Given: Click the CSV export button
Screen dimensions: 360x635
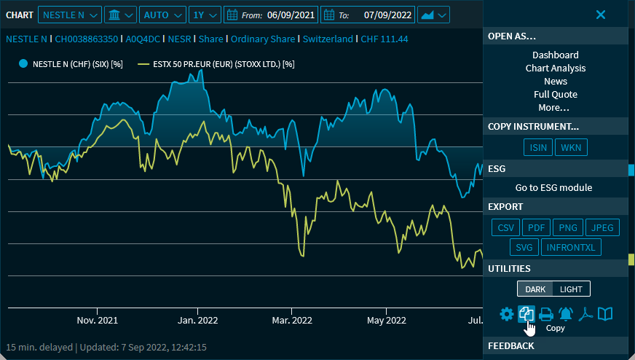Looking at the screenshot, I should pyautogui.click(x=506, y=228).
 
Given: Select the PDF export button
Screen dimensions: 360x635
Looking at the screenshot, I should pyautogui.click(x=536, y=228).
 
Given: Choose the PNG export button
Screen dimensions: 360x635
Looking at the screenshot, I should pyautogui.click(x=567, y=228).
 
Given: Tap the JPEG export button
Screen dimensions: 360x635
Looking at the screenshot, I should pyautogui.click(x=602, y=228).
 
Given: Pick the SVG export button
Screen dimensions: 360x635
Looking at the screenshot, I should pyautogui.click(x=524, y=248).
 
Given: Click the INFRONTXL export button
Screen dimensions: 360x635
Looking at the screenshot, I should pyautogui.click(x=571, y=248).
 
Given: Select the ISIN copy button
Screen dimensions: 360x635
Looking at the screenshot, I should pyautogui.click(x=538, y=148).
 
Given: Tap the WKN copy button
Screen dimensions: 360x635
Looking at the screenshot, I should pyautogui.click(x=571, y=148).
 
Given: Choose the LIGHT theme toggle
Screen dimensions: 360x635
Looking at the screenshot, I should pyautogui.click(x=571, y=289).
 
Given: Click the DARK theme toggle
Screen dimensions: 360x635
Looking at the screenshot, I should pyautogui.click(x=535, y=289).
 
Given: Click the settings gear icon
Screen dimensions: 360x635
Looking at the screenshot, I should pyautogui.click(x=506, y=314).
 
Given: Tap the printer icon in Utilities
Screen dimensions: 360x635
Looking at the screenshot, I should pyautogui.click(x=545, y=314).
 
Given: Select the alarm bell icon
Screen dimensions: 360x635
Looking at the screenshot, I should pyautogui.click(x=566, y=314).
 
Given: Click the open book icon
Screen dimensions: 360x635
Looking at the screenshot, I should pyautogui.click(x=605, y=314).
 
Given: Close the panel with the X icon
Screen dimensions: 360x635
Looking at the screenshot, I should pyautogui.click(x=601, y=15).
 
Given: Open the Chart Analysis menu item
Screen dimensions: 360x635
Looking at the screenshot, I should pyautogui.click(x=556, y=69).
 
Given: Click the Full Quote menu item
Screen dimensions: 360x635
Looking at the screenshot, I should pyautogui.click(x=556, y=95).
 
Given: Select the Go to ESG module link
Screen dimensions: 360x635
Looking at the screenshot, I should pyautogui.click(x=554, y=188).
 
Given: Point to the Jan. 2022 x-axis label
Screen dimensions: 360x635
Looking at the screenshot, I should pyautogui.click(x=198, y=320).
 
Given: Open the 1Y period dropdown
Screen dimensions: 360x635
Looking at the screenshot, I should pyautogui.click(x=205, y=15).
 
